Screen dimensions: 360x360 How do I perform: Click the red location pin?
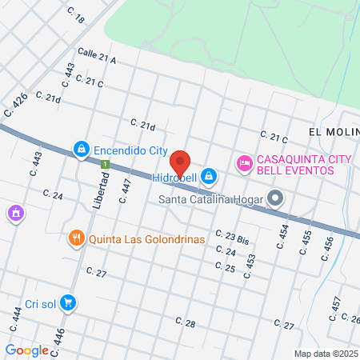point(181,163)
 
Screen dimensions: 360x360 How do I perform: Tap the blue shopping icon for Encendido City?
point(81,150)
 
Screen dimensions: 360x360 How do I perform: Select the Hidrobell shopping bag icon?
point(209,174)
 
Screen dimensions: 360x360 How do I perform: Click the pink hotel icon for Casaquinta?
point(244,163)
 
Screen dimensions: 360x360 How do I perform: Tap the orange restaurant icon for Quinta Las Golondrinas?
point(77,238)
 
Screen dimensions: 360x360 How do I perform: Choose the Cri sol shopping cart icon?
point(69,302)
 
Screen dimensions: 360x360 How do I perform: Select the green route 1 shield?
point(105,164)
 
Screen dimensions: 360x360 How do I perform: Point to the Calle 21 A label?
point(97,56)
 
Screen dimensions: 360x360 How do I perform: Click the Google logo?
point(26,350)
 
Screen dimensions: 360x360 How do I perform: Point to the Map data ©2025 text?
point(326,354)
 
